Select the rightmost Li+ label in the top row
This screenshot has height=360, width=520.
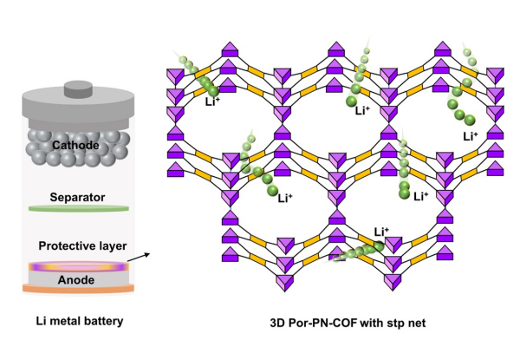(471, 136)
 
